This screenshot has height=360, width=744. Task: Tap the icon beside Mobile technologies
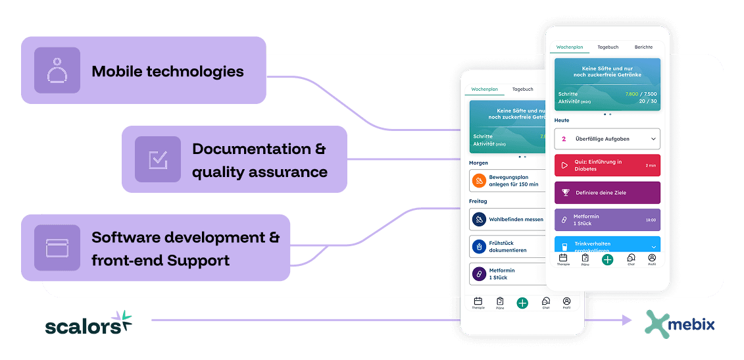57,70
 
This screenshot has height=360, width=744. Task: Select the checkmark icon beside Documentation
158,159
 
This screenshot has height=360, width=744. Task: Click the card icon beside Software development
57,247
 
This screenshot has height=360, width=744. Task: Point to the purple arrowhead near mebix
626,321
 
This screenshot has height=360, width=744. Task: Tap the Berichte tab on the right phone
643,47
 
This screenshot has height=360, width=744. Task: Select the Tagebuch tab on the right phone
608,47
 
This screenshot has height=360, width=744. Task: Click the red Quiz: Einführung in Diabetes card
607,165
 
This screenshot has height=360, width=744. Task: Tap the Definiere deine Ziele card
607,193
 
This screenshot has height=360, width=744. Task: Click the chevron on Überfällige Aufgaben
653,139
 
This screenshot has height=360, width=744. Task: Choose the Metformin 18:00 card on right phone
607,220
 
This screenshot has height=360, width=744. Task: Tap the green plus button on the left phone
522,303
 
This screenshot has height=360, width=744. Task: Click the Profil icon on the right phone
651,259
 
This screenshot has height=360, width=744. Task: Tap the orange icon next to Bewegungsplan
480,180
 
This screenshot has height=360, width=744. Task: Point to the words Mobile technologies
168,71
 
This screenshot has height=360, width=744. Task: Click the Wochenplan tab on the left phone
484,89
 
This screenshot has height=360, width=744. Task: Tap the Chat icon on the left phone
545,302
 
